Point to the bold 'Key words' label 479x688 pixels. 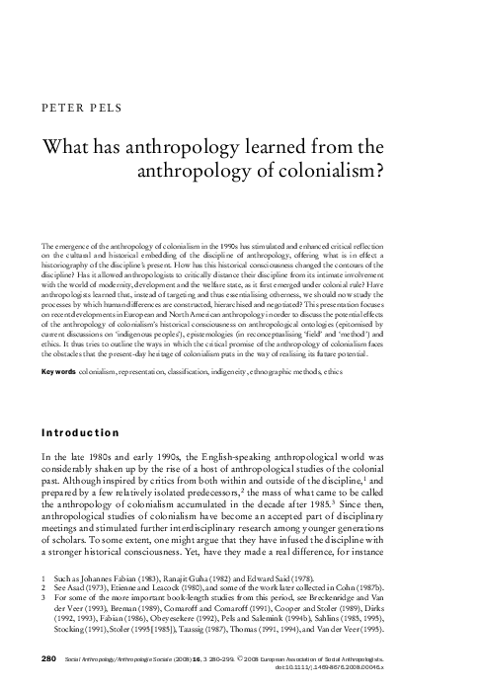59,372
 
